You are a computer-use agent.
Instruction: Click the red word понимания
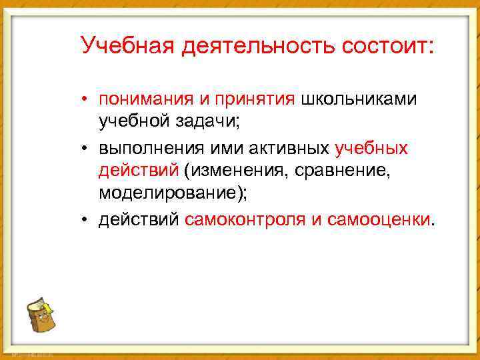click(145, 99)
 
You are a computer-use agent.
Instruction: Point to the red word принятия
click(254, 99)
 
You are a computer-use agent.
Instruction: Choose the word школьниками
click(359, 99)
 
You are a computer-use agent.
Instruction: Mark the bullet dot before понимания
click(86, 100)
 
